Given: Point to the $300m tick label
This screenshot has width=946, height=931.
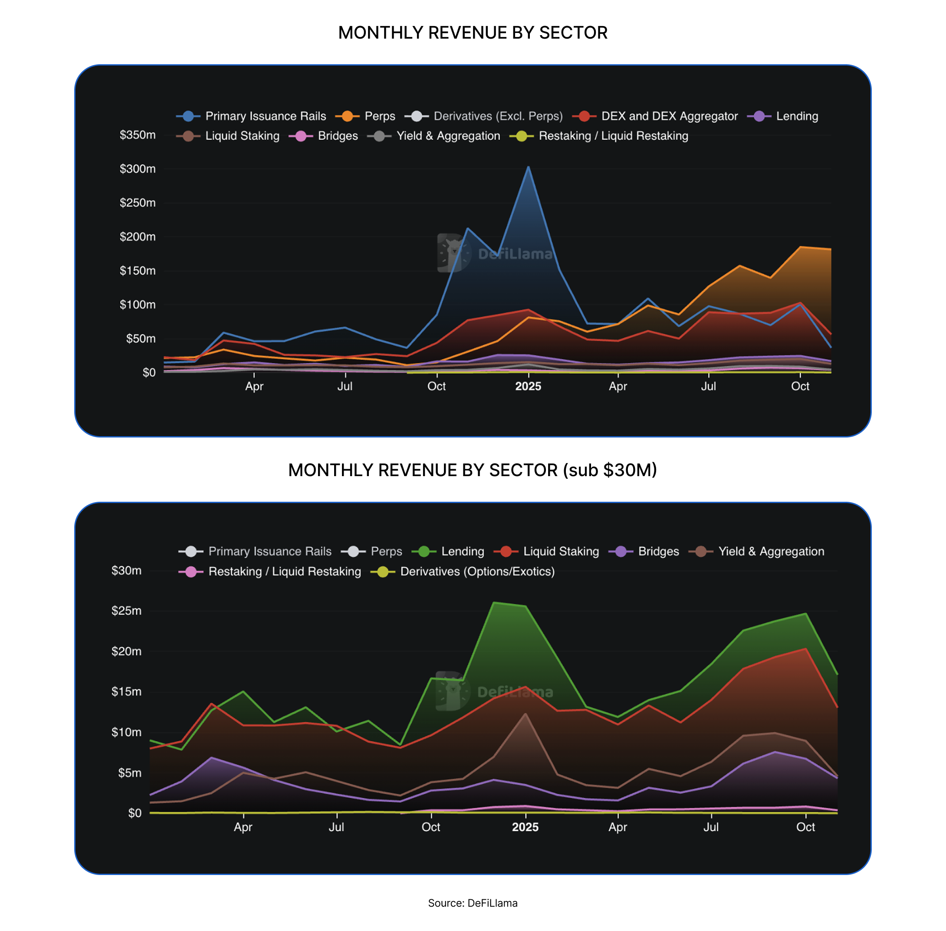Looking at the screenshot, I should tap(138, 169).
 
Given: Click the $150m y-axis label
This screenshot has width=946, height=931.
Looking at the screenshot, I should tap(138, 271).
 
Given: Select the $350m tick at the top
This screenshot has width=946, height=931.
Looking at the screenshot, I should tap(138, 135).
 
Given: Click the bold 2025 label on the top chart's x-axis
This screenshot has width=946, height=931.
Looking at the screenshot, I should tap(528, 386).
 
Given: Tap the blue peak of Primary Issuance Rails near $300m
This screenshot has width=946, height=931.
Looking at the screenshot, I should tap(528, 167).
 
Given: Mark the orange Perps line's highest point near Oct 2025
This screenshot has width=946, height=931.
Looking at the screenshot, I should tap(800, 247).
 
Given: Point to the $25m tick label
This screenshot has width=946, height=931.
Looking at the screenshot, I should tap(126, 611).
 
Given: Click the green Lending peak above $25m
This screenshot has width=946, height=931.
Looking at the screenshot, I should tap(494, 603).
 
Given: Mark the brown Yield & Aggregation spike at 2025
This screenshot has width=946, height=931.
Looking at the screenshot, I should tap(526, 714).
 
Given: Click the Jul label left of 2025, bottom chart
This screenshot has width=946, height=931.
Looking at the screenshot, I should tap(336, 827).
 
